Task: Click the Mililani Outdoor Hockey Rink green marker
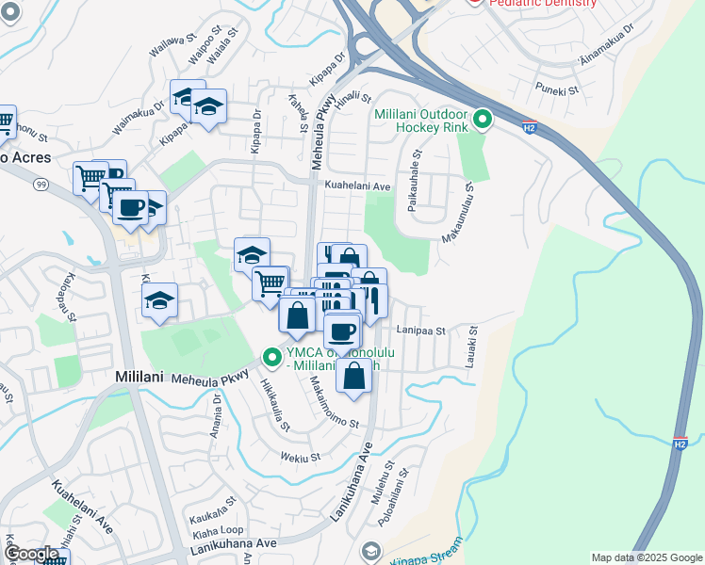tap(483, 120)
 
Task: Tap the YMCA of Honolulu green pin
tap(272, 357)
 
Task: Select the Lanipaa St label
tap(420, 331)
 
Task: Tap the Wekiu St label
tap(302, 458)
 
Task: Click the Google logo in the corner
tap(31, 554)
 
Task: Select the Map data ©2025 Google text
tap(647, 557)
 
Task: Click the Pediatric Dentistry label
tap(543, 4)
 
